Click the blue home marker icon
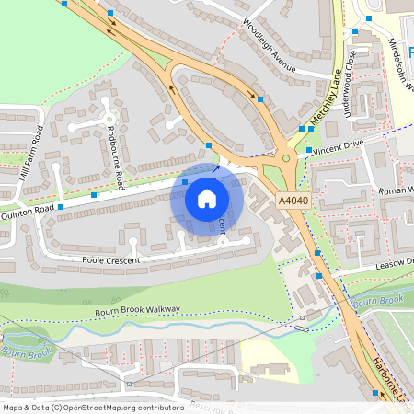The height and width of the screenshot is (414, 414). [207, 198]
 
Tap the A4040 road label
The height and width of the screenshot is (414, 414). [293, 198]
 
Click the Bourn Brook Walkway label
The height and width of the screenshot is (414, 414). [137, 311]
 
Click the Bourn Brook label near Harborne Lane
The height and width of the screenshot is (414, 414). [379, 301]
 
